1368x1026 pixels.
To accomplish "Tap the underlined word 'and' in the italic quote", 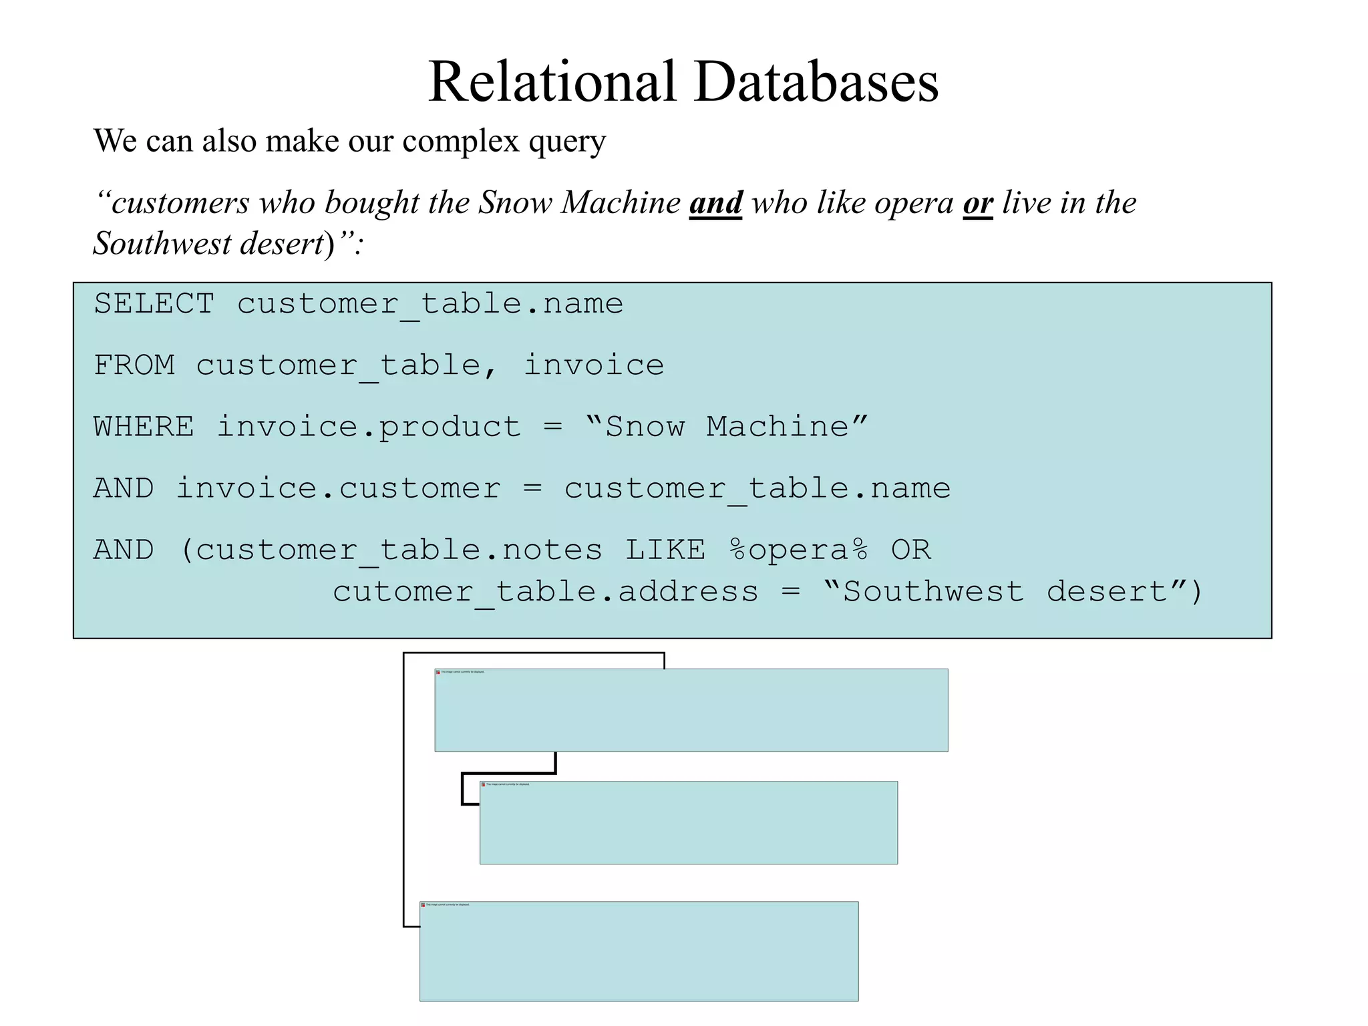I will click(x=715, y=202).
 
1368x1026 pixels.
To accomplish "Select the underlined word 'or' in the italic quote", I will click(x=978, y=202).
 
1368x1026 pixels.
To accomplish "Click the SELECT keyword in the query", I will click(x=154, y=304).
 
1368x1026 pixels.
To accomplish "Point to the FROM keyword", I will click(x=134, y=365).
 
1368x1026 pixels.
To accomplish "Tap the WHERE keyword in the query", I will click(x=144, y=427).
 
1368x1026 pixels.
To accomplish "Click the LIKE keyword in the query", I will click(x=665, y=550).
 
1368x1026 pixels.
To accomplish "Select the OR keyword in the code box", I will click(x=910, y=550).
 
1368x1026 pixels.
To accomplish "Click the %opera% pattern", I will click(x=798, y=550).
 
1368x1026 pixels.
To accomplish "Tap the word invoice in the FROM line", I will click(x=593, y=365).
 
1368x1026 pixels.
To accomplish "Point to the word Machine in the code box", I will click(x=777, y=427).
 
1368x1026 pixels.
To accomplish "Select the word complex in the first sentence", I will click(x=461, y=142).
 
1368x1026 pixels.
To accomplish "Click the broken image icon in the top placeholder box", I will click(x=438, y=672).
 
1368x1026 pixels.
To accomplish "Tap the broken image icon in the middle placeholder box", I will click(x=483, y=784).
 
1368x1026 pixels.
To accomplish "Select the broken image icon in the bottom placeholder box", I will click(x=423, y=905).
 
